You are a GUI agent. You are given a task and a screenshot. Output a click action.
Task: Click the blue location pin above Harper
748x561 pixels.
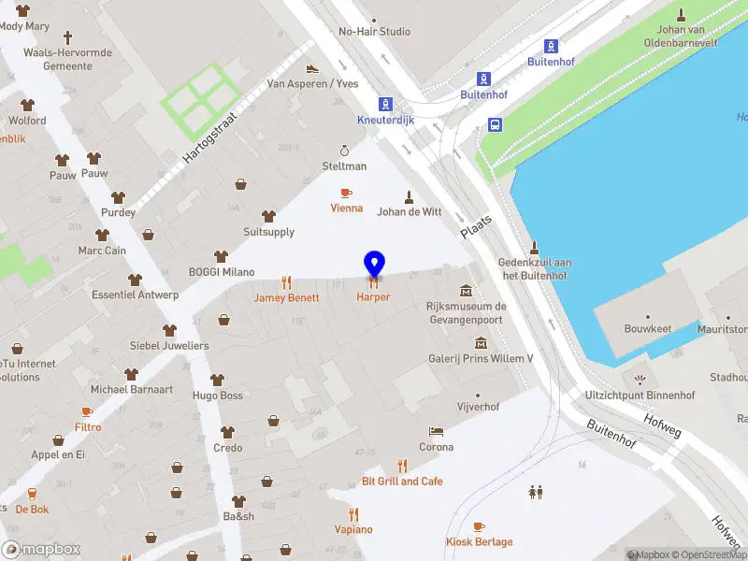click(374, 264)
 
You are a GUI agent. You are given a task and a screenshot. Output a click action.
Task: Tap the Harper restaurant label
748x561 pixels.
click(373, 297)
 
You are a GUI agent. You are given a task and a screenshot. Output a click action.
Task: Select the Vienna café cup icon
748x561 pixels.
click(346, 193)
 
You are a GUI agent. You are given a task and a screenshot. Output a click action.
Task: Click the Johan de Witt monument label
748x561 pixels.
click(409, 211)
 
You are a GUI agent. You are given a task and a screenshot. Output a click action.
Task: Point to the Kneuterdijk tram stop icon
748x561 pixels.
click(384, 104)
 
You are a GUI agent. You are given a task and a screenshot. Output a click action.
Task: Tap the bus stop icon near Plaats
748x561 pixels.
click(495, 124)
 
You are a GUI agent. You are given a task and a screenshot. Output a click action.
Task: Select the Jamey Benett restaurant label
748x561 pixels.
click(286, 297)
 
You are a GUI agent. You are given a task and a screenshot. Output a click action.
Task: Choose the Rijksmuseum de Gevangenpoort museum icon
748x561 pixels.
click(466, 290)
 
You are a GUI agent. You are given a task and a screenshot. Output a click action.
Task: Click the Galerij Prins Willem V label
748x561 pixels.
click(480, 358)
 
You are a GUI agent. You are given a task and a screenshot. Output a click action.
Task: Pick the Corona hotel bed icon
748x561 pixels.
click(436, 432)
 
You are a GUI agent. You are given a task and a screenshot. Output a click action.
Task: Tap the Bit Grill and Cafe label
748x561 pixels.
click(402, 482)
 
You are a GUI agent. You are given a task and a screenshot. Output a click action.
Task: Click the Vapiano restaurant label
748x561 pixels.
click(353, 529)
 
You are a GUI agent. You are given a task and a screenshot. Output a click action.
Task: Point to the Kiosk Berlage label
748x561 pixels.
click(479, 542)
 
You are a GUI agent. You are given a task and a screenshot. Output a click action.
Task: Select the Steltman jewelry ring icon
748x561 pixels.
click(344, 151)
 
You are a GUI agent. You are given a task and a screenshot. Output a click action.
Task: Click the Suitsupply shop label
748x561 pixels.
click(268, 232)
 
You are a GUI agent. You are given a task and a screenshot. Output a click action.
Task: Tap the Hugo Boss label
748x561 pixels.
click(217, 396)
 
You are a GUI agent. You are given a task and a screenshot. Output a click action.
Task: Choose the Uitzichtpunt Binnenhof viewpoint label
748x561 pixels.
click(640, 396)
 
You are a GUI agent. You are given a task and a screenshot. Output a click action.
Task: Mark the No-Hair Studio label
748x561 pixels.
click(374, 32)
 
